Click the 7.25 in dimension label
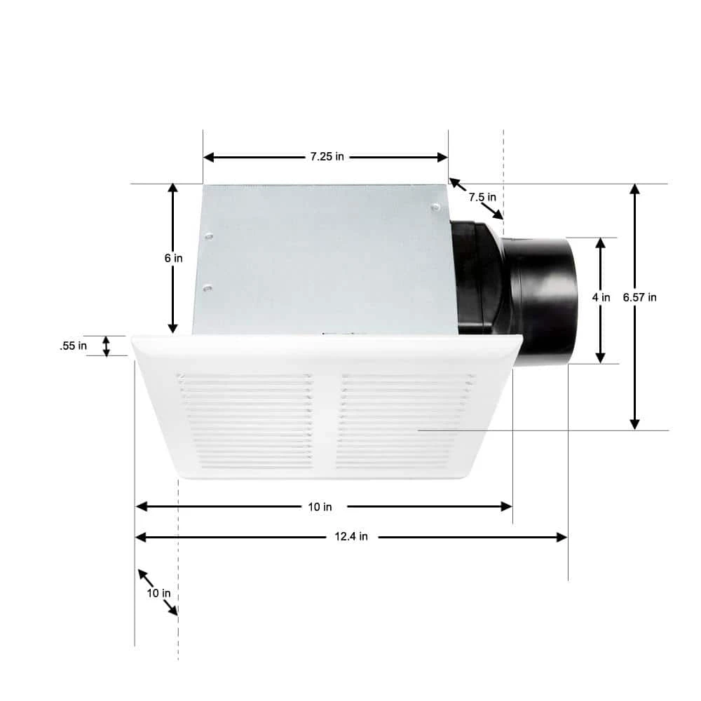(327, 157)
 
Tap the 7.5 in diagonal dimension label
(482, 197)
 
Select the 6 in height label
(174, 258)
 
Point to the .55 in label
(74, 346)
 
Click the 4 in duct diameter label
(601, 297)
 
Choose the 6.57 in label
(639, 297)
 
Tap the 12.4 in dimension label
(352, 537)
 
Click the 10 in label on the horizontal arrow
(320, 506)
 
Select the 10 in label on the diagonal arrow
(158, 593)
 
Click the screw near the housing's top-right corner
(435, 207)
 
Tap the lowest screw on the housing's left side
(207, 287)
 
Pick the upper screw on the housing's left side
(209, 237)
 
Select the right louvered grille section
(403, 421)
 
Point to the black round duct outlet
(543, 300)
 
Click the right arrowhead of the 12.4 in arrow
(562, 537)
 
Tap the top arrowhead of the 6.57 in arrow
(634, 189)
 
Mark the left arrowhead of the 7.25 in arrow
(208, 157)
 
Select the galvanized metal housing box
(322, 259)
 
